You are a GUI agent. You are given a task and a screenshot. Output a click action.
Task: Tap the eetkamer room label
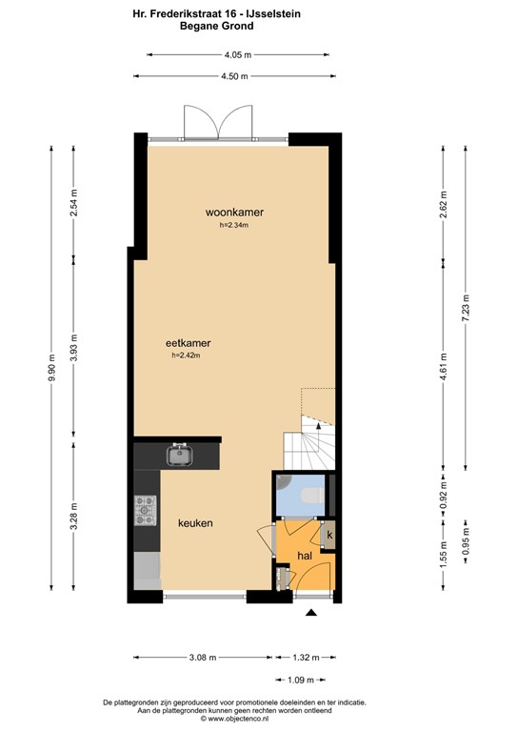tap(187, 342)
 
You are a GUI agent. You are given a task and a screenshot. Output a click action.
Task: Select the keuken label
tap(194, 523)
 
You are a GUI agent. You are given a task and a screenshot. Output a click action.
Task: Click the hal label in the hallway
tap(305, 555)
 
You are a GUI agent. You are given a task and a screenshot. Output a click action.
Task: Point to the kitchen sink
tap(178, 455)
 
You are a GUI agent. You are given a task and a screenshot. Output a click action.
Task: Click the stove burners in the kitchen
tap(146, 511)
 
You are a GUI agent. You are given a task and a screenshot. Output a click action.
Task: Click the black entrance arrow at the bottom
tap(308, 615)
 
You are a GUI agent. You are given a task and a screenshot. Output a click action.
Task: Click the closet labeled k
tap(328, 535)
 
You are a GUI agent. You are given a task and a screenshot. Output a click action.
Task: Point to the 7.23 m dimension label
tap(466, 308)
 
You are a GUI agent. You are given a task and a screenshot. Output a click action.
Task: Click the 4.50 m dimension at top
tap(235, 76)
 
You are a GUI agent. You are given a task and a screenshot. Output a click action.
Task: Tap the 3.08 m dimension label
tap(201, 657)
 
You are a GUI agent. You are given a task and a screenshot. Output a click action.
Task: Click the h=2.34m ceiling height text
tap(233, 226)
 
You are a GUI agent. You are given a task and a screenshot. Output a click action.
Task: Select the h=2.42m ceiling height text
tap(187, 356)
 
